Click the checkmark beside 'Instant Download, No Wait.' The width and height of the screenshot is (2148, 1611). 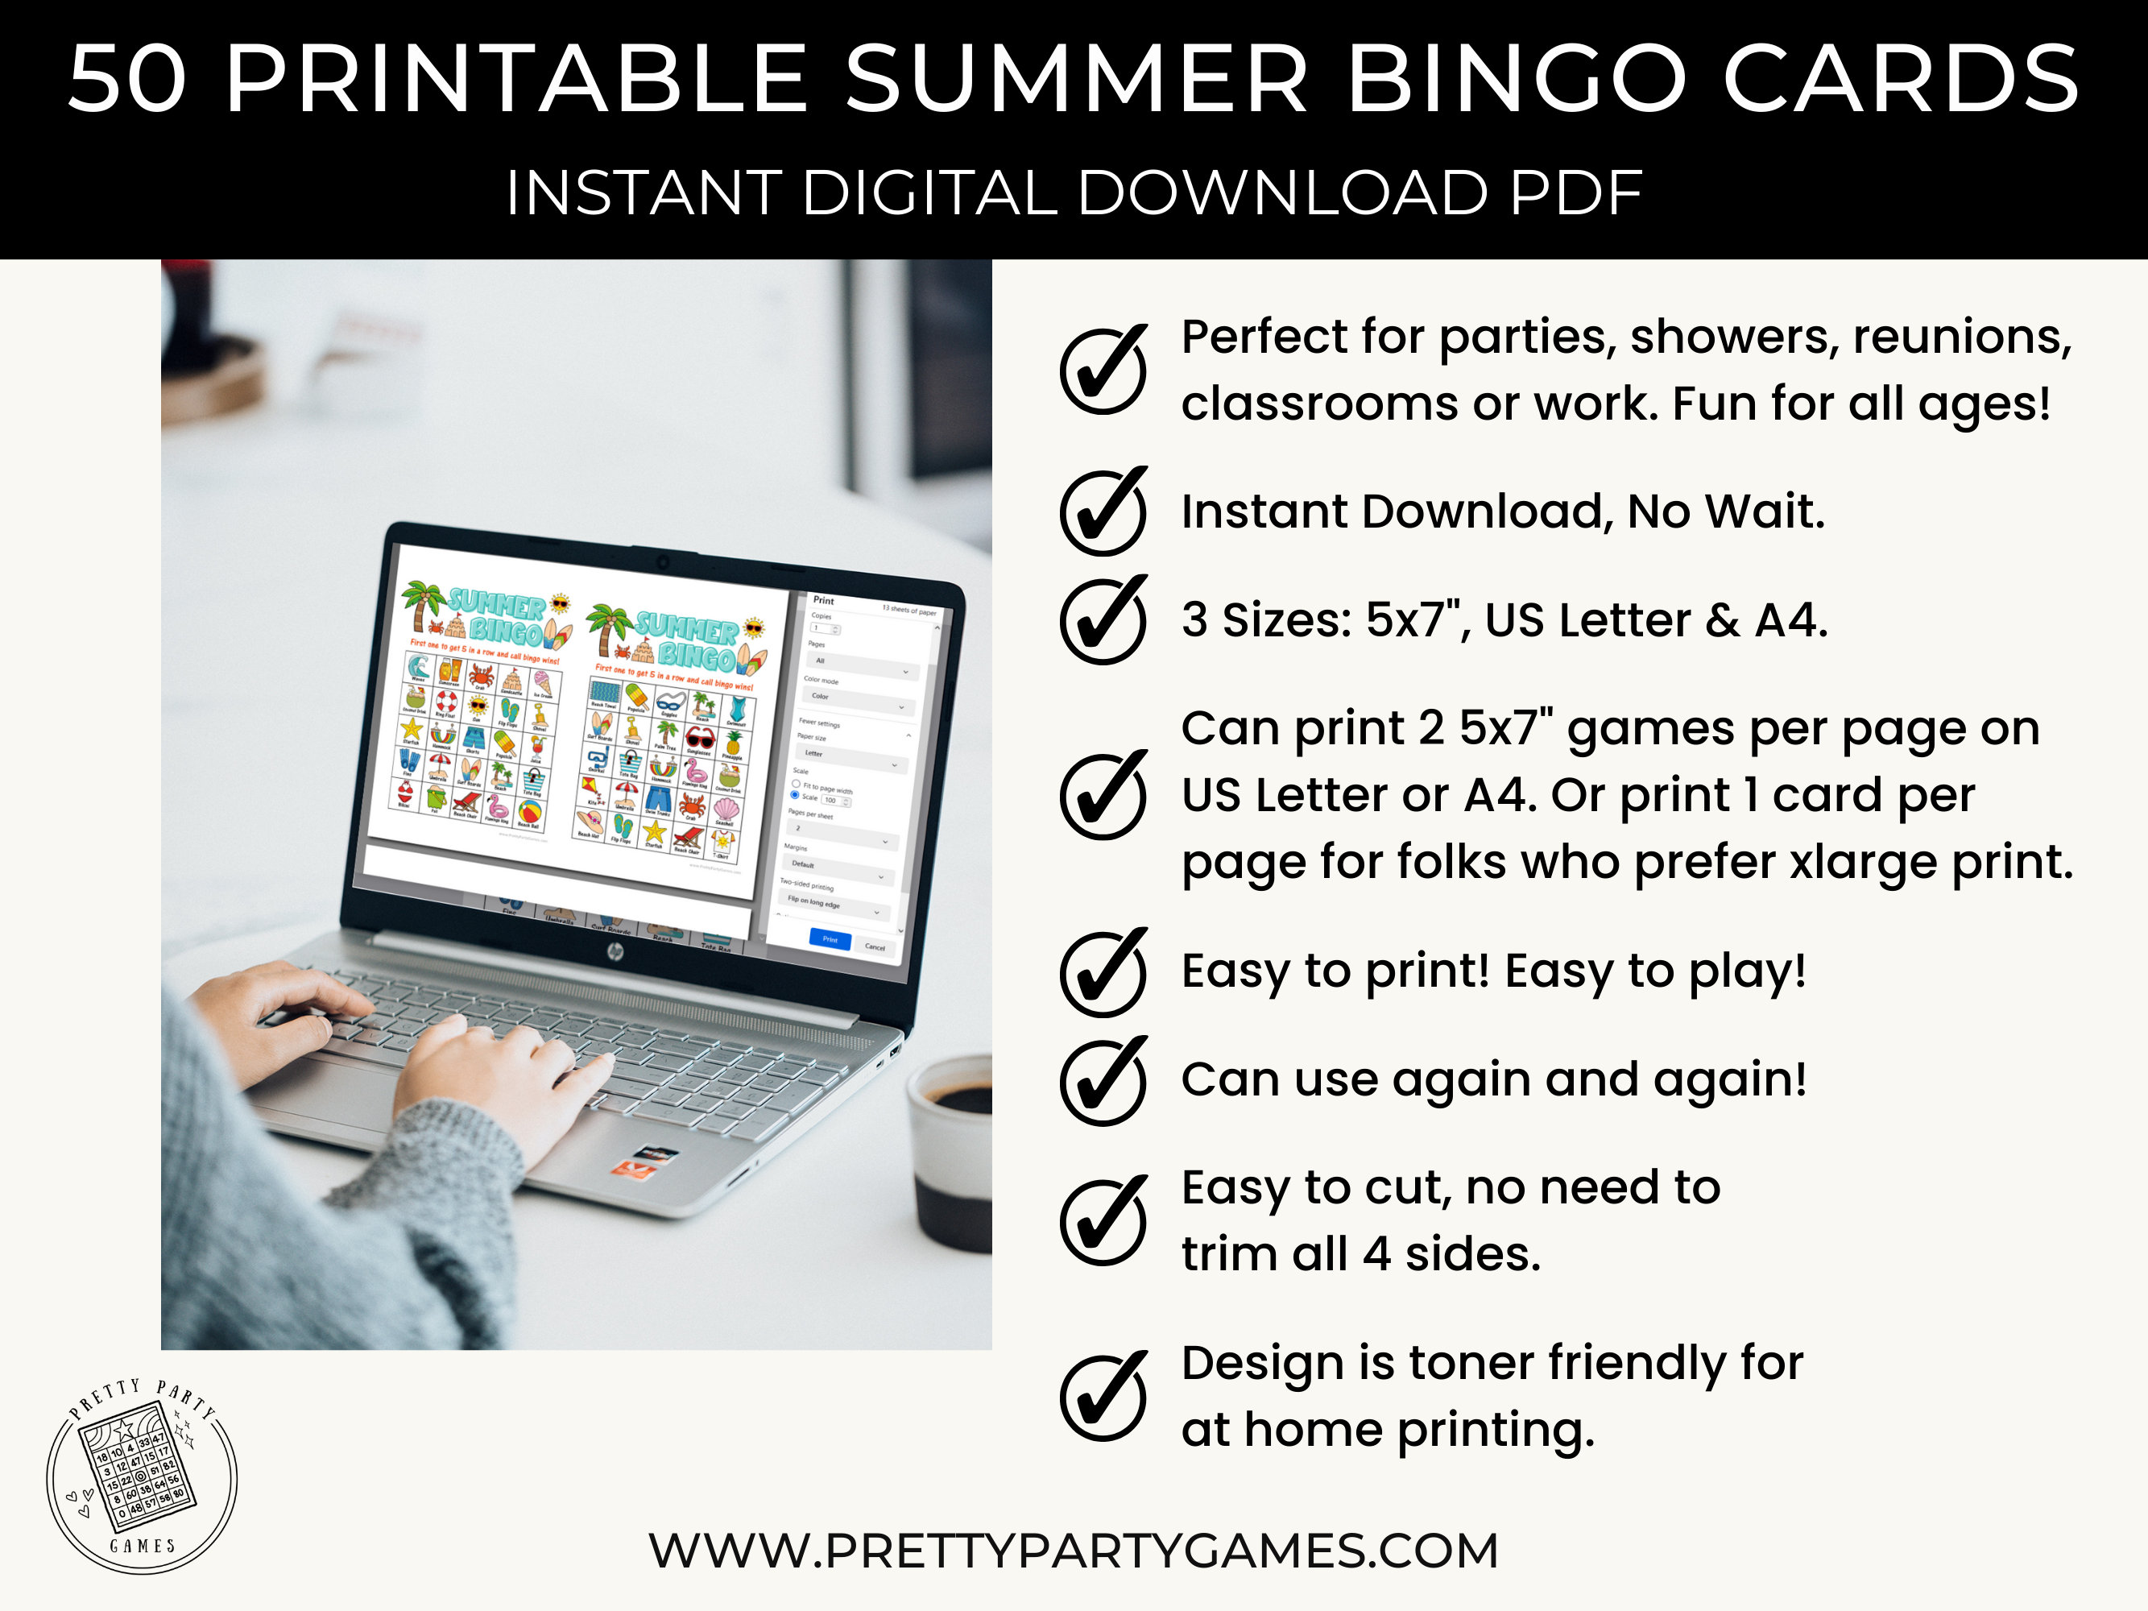[1103, 511]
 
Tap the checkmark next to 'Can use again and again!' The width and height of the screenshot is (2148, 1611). [1103, 1081]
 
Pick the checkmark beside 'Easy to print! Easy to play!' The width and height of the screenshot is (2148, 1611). [1103, 972]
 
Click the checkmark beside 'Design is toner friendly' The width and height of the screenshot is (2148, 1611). [1103, 1397]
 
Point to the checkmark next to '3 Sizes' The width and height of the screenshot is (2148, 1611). [1103, 620]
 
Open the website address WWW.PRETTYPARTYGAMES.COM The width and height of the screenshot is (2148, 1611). [1073, 1551]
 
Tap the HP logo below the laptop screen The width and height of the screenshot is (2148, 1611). [615, 951]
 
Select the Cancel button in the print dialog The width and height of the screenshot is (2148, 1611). [874, 946]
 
